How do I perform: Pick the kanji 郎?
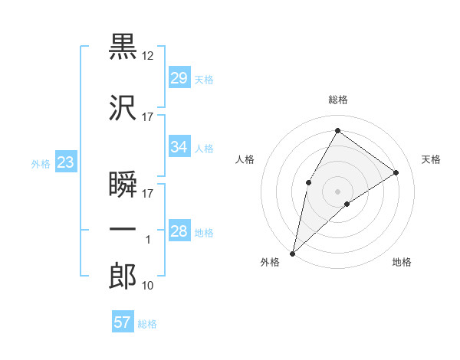123,277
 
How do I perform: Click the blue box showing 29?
179,78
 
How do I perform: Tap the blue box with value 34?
179,147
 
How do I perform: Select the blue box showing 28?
179,231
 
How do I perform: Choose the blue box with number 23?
65,162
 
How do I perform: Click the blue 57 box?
122,322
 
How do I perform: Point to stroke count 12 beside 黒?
148,56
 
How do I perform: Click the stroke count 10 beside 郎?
148,286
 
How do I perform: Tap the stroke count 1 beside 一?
149,240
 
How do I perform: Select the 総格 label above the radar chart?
337,100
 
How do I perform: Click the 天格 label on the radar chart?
431,159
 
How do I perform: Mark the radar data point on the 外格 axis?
292,253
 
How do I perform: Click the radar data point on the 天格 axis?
396,172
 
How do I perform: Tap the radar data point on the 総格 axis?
337,131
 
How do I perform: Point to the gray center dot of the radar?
337,191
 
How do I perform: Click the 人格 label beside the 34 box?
203,148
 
